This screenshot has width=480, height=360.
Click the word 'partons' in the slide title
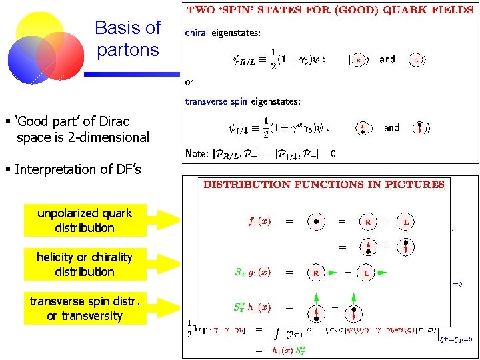127,50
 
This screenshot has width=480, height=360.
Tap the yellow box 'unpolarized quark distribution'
85,221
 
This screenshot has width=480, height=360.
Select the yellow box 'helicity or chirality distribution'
85,265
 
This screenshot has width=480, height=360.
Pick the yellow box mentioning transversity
85,309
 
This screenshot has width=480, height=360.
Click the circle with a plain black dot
315,221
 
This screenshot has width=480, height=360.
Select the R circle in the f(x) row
369,221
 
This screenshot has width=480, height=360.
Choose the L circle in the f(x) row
406,221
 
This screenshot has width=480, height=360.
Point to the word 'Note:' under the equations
197,153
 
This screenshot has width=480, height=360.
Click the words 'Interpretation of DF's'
77,169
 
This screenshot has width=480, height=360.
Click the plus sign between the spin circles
387,247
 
